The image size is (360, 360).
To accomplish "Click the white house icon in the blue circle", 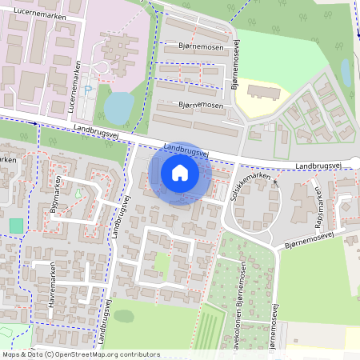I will pyautogui.click(x=180, y=173).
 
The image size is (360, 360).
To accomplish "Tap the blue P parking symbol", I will pyautogui.click(x=88, y=90).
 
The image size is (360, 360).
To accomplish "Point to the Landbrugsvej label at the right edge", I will pyautogui.click(x=318, y=166).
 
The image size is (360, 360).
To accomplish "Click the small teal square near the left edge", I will pyautogui.click(x=17, y=226).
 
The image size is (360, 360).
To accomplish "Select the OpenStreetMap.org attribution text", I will pyautogui.click(x=106, y=354).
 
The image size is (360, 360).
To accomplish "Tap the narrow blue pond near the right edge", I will pyautogui.click(x=346, y=72).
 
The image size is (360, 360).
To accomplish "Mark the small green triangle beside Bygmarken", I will pyautogui.click(x=78, y=193).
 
